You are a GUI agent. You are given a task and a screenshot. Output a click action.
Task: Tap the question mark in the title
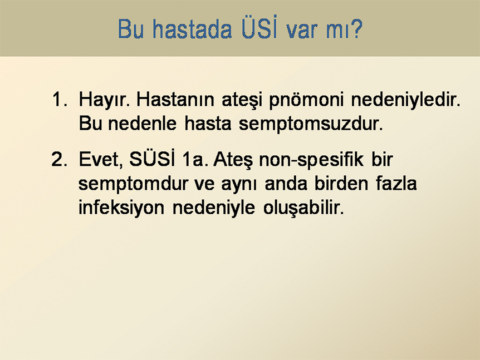pyautogui.click(x=356, y=29)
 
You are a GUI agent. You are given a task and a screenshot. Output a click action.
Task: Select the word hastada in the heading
pyautogui.click(x=192, y=29)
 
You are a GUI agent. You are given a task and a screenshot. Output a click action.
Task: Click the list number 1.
pyautogui.click(x=59, y=100)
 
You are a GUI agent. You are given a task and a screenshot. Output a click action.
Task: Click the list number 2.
pyautogui.click(x=59, y=159)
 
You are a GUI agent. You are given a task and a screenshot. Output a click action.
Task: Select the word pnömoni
pyautogui.click(x=306, y=100)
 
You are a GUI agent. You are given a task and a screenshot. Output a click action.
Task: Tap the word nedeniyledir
pyautogui.click(x=405, y=100)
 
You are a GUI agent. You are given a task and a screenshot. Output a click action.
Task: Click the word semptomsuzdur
pyautogui.click(x=311, y=124)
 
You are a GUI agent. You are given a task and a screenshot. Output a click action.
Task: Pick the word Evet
pyautogui.click(x=101, y=160)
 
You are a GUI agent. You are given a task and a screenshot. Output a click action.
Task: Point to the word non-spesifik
pyautogui.click(x=311, y=160)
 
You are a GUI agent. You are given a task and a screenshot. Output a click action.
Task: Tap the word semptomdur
pyautogui.click(x=133, y=184)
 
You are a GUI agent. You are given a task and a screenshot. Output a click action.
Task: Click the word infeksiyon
pyautogui.click(x=121, y=208)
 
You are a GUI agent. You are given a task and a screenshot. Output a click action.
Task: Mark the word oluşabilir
pyautogui.click(x=303, y=208)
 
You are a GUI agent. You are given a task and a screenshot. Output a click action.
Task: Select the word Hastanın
pyautogui.click(x=175, y=100)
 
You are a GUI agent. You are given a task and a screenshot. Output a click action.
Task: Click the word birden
pyautogui.click(x=341, y=184)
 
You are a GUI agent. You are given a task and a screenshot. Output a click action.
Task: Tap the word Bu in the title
pyautogui.click(x=131, y=29)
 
